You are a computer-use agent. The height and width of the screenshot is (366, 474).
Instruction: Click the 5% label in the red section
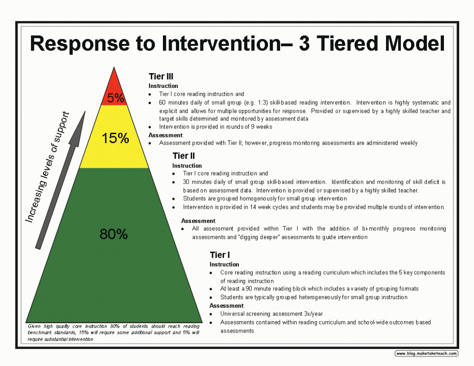115,98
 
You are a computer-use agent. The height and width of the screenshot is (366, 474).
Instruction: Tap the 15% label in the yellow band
115,138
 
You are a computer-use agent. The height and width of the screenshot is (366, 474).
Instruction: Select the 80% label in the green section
113,234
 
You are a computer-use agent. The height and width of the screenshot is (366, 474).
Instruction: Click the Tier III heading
161,77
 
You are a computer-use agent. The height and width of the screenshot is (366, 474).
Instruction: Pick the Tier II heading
184,156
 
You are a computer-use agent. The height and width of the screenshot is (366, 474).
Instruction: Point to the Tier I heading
220,255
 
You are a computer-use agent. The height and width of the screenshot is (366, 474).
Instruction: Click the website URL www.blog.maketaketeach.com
426,354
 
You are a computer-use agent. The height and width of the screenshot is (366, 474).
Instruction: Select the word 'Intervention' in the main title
218,44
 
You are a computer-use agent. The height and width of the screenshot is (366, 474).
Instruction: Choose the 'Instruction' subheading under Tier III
163,86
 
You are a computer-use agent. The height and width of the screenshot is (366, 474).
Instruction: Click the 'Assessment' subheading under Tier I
227,306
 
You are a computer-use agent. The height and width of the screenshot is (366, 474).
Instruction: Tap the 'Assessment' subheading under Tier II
198,221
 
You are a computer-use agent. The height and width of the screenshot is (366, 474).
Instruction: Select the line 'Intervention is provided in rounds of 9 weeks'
215,127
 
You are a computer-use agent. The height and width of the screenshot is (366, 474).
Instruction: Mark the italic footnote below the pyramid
113,333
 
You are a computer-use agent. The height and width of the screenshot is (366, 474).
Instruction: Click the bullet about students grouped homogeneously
264,199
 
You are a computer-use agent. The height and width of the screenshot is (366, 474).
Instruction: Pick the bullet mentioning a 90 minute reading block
319,289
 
